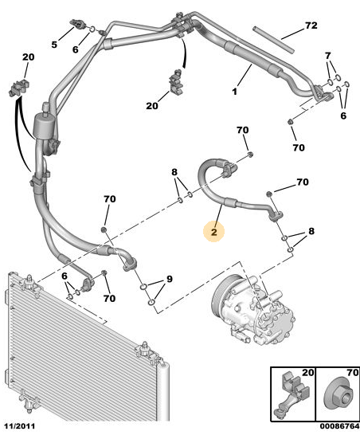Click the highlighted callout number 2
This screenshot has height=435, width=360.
click(213, 232)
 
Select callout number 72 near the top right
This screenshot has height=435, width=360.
click(311, 25)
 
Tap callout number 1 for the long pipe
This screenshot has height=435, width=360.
click(235, 92)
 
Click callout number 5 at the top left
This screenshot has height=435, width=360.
click(54, 45)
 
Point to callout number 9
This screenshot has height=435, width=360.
click(169, 279)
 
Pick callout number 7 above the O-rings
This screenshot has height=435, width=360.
click(328, 56)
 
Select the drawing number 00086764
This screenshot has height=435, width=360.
click(339, 426)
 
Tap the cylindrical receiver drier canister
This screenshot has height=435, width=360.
click(44, 127)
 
